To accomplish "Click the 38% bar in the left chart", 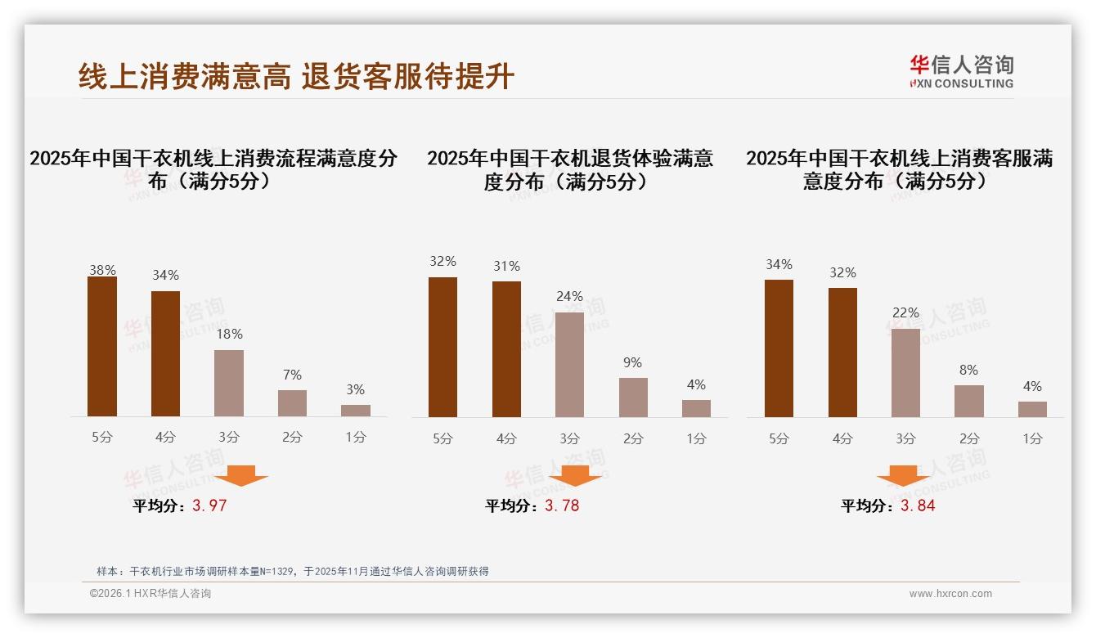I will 102,347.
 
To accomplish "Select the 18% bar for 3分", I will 229,383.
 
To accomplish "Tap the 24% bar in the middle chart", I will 570,364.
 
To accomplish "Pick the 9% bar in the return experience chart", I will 633,397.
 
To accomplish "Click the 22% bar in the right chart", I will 905,372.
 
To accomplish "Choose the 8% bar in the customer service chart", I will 969,401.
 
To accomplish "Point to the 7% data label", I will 292,375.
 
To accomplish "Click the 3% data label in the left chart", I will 355,389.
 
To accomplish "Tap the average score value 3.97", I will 209,505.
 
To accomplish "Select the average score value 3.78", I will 562,505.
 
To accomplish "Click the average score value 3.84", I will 918,505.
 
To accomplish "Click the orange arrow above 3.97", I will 242,475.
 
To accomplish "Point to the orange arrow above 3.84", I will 903,475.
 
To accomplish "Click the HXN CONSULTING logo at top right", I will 961,71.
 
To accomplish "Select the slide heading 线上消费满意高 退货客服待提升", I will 296,76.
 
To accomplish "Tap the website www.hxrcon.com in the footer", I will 950,594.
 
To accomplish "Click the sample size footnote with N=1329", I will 292,571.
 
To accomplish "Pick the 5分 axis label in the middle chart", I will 442,438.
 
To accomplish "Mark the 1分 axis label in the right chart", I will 1032,438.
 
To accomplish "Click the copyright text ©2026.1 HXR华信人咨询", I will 150,594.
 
